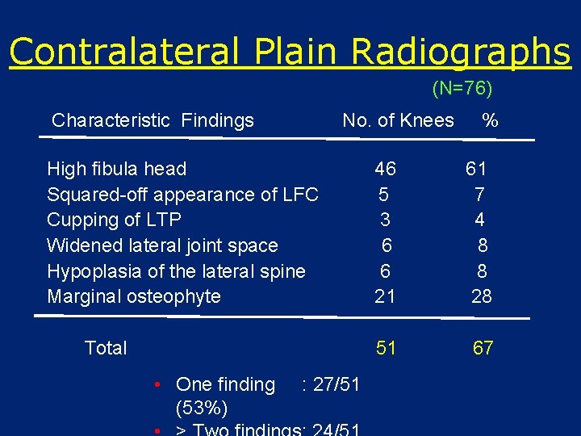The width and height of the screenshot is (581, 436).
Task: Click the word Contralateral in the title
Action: (123, 52)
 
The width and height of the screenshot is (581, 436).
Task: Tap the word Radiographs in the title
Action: (461, 52)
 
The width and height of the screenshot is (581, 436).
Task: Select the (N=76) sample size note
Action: (462, 88)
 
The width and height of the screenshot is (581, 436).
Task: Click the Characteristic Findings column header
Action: (153, 121)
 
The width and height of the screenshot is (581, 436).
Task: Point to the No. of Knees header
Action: (398, 121)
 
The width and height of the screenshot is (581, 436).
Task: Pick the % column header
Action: (490, 121)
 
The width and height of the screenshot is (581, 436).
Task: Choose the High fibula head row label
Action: (116, 169)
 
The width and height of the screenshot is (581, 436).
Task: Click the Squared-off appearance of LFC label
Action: (182, 195)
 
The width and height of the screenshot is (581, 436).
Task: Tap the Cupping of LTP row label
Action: (114, 220)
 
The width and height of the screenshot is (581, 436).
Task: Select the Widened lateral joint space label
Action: (162, 245)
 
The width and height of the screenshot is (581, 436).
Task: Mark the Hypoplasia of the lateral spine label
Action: (176, 271)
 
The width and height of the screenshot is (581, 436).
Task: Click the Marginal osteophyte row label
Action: (134, 296)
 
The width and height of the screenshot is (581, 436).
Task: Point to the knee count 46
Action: (385, 169)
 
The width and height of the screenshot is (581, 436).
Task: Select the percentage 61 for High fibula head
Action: (476, 169)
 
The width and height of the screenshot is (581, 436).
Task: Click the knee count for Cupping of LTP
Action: (385, 220)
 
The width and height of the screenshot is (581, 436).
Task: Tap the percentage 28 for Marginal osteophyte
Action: (481, 296)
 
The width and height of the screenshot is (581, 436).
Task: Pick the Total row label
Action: (106, 348)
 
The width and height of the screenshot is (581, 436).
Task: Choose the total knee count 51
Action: (386, 348)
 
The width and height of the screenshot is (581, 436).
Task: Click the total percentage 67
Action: (483, 348)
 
